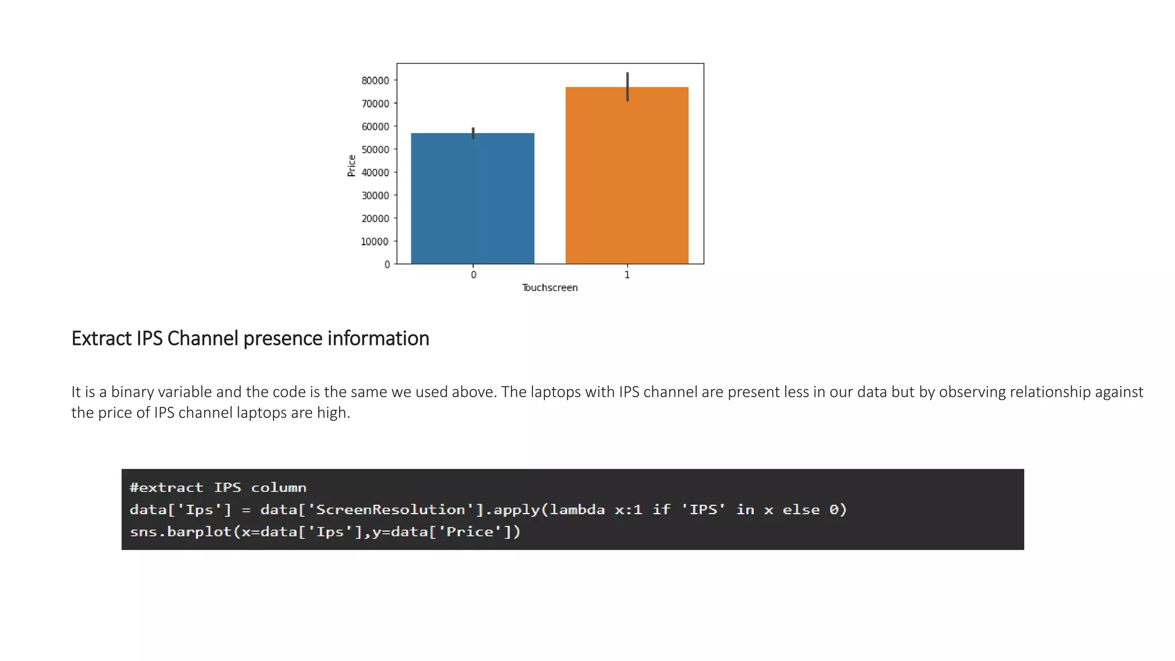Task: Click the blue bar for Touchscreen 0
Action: coord(472,199)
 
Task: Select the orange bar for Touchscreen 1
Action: coord(627,176)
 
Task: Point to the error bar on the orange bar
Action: coord(627,87)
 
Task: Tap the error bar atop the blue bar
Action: coord(473,133)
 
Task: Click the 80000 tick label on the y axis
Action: coord(375,81)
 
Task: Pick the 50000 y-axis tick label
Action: coord(375,150)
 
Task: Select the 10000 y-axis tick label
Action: coord(375,242)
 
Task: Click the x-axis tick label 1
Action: coord(627,275)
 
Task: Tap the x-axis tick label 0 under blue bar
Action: coord(473,275)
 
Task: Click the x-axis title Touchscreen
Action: coord(550,287)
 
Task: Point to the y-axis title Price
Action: coord(352,166)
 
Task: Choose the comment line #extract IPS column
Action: coord(218,488)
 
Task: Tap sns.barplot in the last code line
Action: coord(181,532)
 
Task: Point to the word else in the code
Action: coord(801,510)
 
